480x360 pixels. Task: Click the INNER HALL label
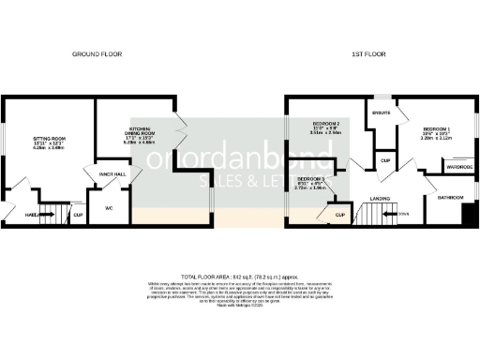99,173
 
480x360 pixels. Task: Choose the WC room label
109,208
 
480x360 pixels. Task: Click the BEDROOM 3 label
310,178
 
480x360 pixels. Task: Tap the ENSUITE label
381,112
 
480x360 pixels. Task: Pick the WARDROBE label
457,169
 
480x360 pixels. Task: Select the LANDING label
381,199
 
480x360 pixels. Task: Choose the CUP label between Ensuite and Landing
384,160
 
